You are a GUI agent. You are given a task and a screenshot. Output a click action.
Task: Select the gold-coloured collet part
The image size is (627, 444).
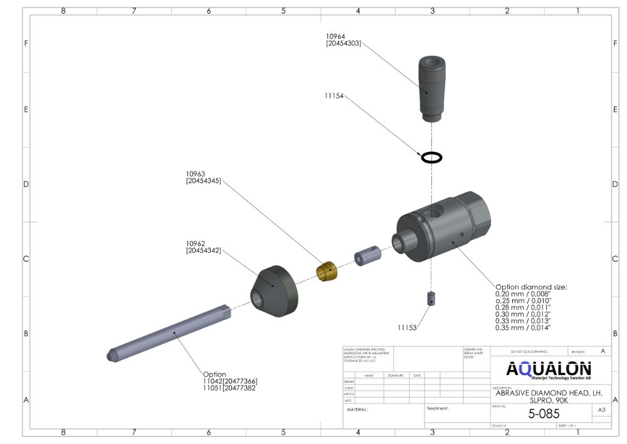click(x=327, y=271)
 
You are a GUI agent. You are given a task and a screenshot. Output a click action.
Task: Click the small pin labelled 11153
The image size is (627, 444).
click(x=431, y=298)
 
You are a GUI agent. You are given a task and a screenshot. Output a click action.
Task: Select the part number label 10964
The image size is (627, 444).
click(x=337, y=36)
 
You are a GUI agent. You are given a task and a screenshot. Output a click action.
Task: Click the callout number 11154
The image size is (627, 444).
click(x=335, y=96)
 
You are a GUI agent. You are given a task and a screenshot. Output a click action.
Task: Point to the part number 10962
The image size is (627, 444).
click(x=196, y=243)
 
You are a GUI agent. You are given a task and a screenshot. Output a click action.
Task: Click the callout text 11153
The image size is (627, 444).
click(x=408, y=327)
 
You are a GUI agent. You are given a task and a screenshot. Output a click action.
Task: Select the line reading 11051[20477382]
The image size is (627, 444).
click(x=229, y=389)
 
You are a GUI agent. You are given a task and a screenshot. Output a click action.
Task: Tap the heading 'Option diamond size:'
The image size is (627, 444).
click(x=531, y=287)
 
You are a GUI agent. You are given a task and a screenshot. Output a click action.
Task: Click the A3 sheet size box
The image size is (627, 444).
click(x=601, y=410)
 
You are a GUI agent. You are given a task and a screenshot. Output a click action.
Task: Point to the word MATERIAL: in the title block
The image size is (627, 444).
click(x=357, y=409)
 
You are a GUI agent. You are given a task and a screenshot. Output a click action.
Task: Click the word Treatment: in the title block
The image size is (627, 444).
click(x=438, y=408)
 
